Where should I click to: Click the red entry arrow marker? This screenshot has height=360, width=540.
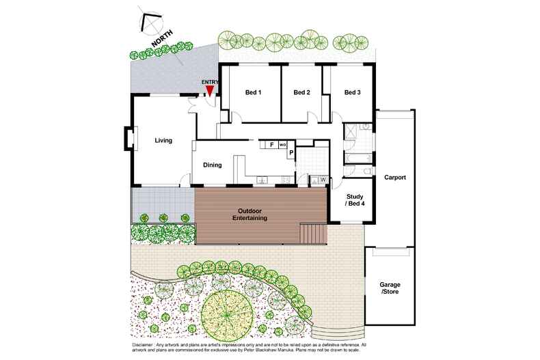coord(209,91)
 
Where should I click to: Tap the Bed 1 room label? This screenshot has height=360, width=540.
coord(253,92)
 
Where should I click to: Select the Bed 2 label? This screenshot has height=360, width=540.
coord(301,92)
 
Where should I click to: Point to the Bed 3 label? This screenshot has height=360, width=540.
coord(352,92)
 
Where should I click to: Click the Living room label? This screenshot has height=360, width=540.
coord(163,141)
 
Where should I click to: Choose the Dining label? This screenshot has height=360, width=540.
coord(212,165)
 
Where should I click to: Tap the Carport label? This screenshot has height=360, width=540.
coord(395,178)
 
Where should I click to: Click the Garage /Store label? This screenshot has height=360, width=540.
coord(390,288)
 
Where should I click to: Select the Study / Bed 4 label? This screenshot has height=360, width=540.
coord(355,200)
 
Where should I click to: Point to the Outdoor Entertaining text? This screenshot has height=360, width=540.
coord(249,214)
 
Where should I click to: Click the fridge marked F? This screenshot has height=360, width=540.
coord(272,145)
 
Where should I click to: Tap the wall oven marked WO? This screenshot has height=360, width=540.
coord(283,145)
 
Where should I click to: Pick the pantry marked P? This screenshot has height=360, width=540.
coord(291,152)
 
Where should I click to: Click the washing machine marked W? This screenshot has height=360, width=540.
coord(323,180)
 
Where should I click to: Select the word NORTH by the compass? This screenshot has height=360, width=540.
coord(162,38)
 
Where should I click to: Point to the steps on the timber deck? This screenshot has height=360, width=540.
coord(313,234)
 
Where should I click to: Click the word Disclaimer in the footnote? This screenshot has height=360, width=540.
coord(143,345)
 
